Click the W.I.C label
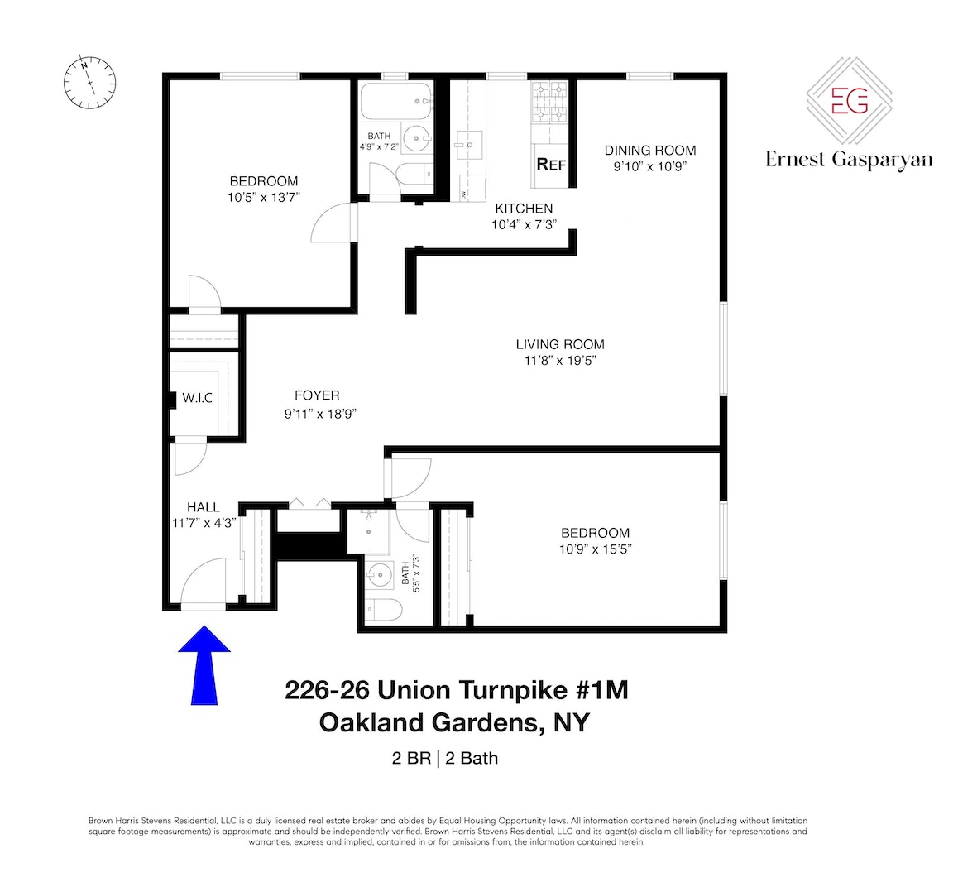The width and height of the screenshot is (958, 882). pos(197,398)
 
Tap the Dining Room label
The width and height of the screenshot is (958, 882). pos(649,151)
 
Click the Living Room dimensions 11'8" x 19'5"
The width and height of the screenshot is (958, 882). pos(559,361)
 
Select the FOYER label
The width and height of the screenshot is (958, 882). pos(317,395)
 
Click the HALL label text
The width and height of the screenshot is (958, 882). pos(204,507)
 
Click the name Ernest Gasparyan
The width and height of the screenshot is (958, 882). pos(849,160)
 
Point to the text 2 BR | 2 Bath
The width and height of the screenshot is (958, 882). pos(445,757)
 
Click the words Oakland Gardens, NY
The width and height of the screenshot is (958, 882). pos(456,722)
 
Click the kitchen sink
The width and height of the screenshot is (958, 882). pos(468,146)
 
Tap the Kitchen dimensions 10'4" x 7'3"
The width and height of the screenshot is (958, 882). pos(524,224)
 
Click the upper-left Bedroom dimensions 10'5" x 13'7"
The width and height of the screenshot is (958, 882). pos(263,198)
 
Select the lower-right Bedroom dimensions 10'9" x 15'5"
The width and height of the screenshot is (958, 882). pos(595,549)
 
